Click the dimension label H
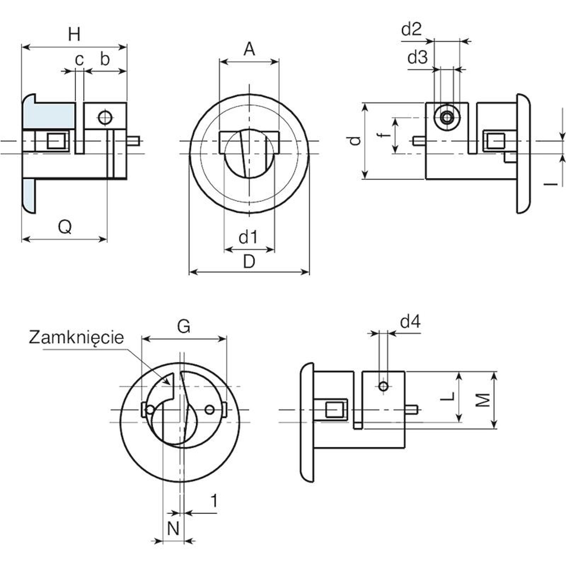pyautogui.click(x=74, y=35)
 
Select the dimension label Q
pyautogui.click(x=65, y=226)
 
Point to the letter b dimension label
pyautogui.click(x=104, y=59)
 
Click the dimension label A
pyautogui.click(x=249, y=49)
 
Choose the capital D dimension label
pyautogui.click(x=249, y=262)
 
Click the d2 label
pyautogui.click(x=411, y=29)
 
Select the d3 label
pyautogui.click(x=417, y=57)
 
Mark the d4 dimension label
pyautogui.click(x=410, y=322)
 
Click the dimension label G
pyautogui.click(x=184, y=326)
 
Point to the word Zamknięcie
pyautogui.click(x=76, y=337)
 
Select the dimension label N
pyautogui.click(x=173, y=529)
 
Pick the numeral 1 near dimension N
pyautogui.click(x=214, y=501)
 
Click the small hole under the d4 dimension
pyautogui.click(x=383, y=386)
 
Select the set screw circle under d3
pyautogui.click(x=447, y=117)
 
